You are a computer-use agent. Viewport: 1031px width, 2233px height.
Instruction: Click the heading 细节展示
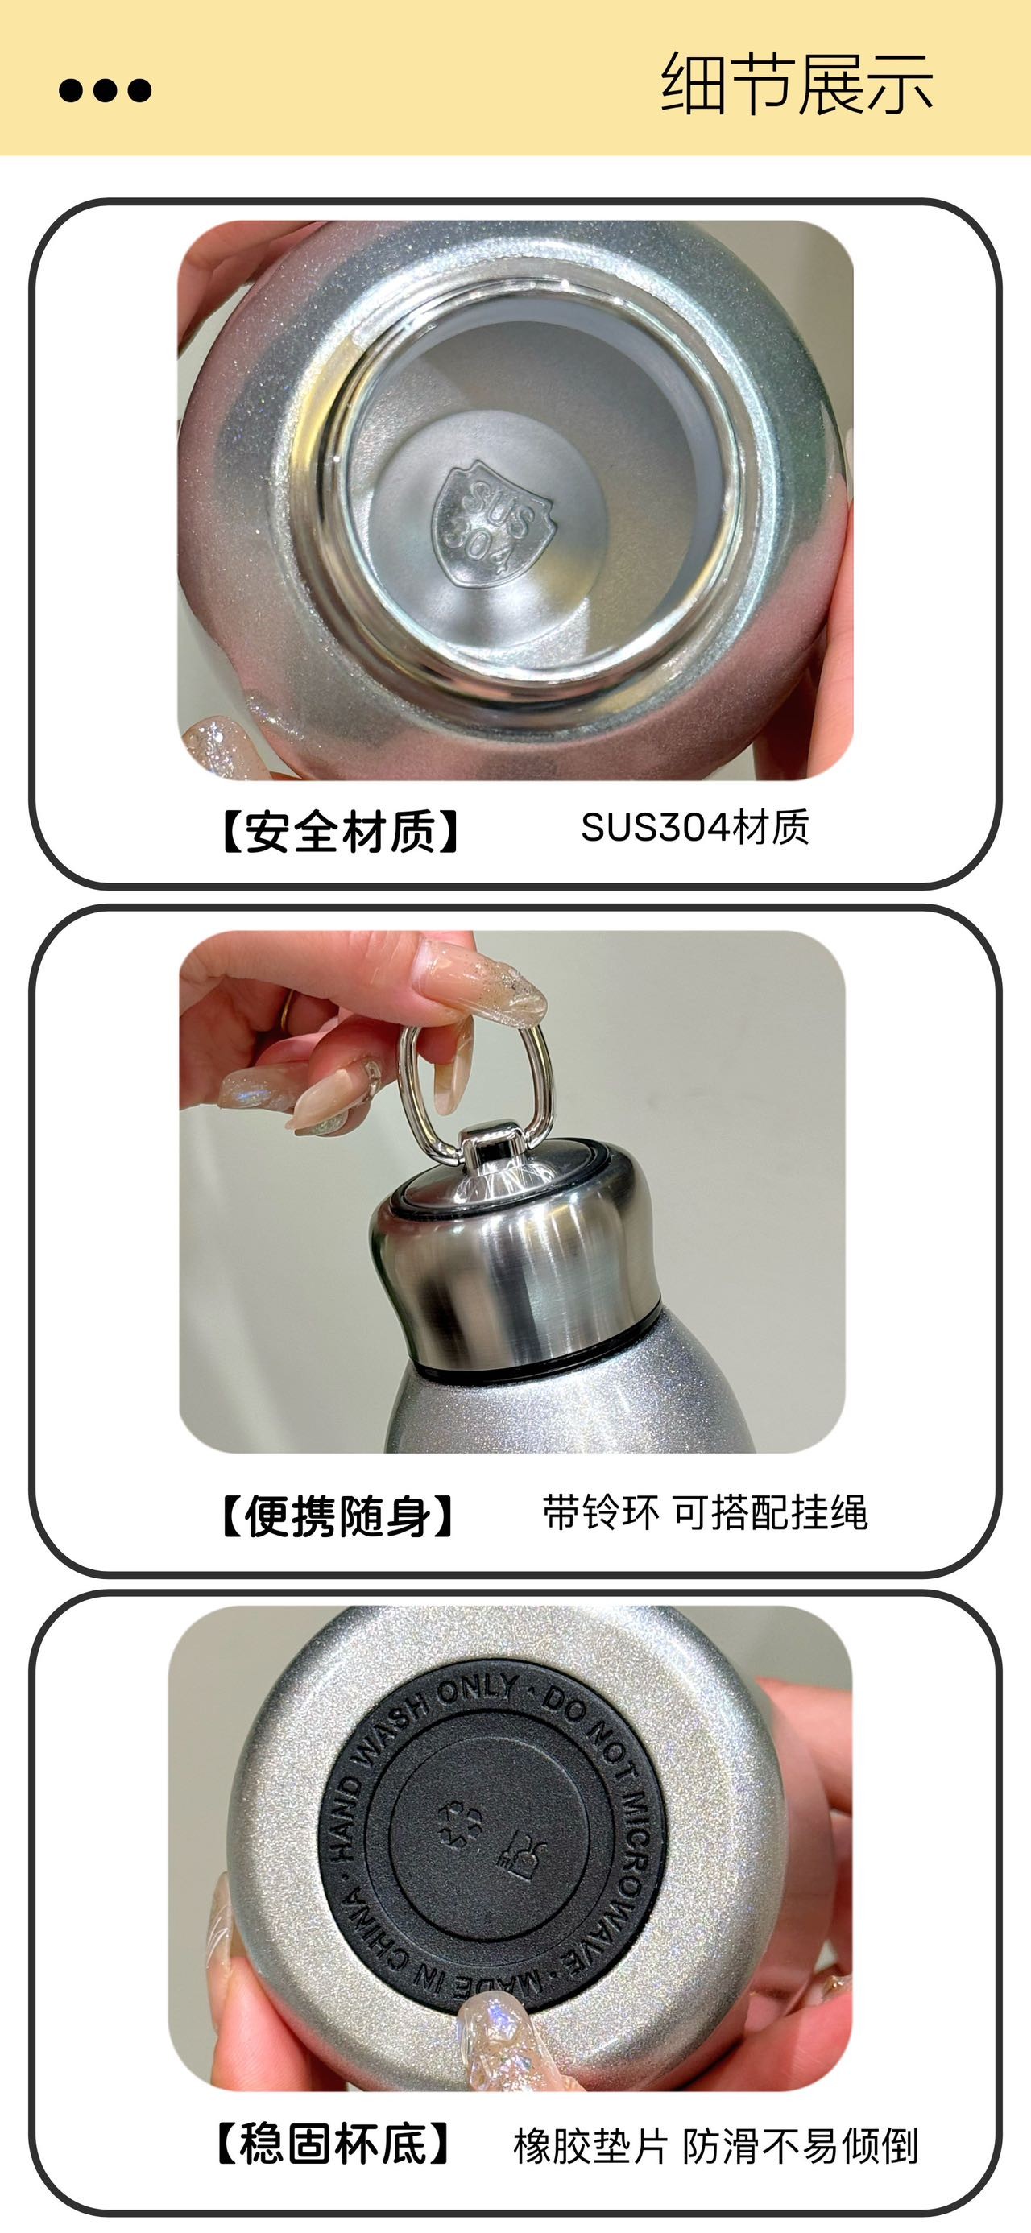(796, 84)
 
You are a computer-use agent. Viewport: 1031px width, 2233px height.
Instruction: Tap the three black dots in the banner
(105, 90)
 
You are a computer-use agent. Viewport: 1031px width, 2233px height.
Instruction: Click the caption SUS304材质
(694, 828)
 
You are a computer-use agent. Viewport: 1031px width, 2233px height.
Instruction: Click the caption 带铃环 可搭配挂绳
(705, 1512)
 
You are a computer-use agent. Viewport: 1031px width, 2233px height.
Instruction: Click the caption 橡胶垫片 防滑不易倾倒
(715, 2146)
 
